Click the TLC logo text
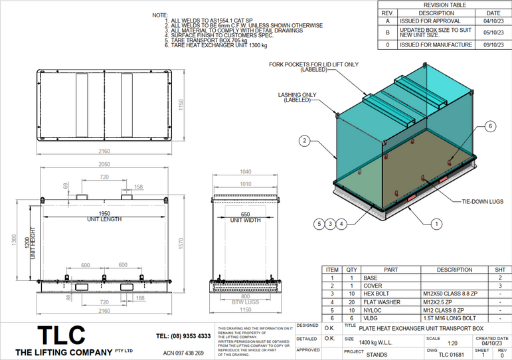click(60, 334)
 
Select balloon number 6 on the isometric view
click(490, 126)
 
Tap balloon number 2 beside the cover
click(304, 141)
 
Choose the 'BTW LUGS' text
click(246, 303)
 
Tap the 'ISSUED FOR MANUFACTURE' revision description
click(436, 45)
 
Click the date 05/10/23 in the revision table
click(493, 31)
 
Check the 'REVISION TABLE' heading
click(444, 5)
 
